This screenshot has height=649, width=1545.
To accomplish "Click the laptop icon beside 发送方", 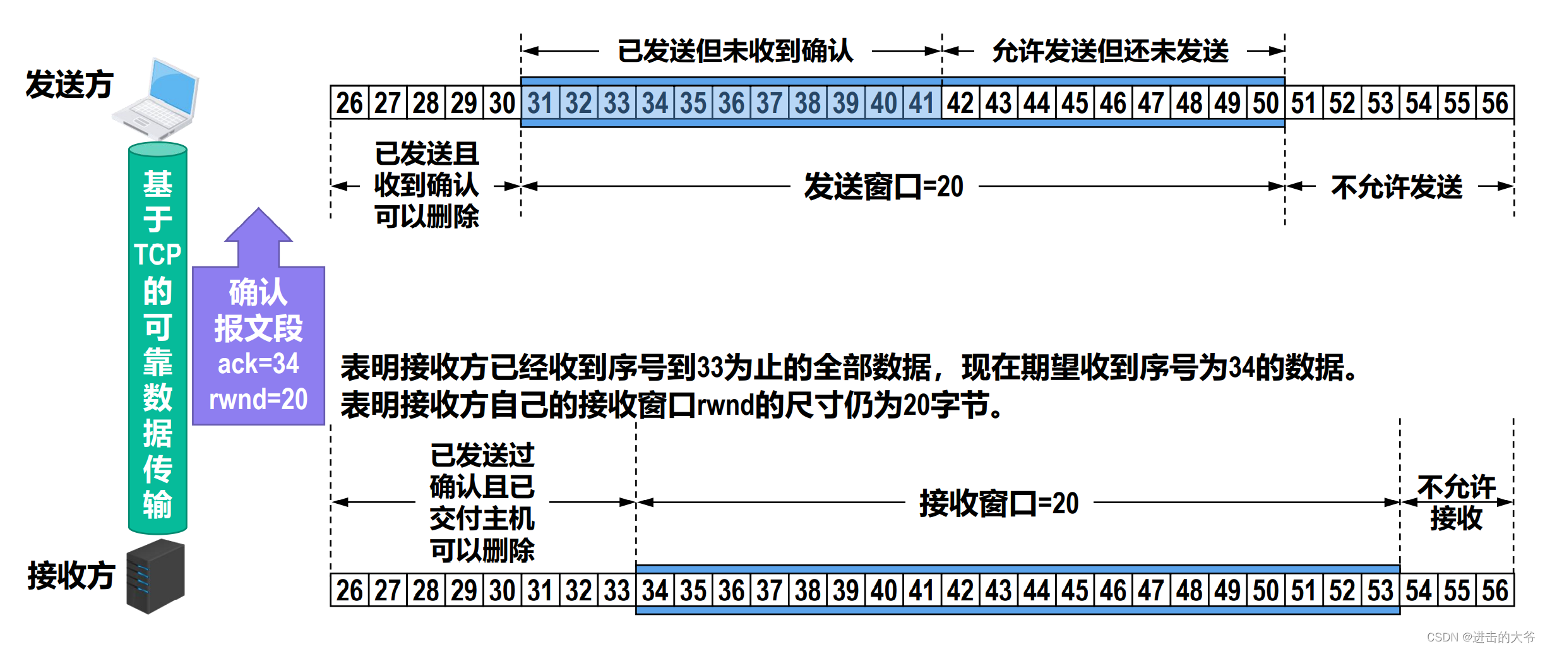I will pos(158,98).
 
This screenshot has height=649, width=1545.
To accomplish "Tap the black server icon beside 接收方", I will pos(155,576).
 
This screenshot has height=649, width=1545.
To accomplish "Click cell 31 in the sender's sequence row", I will pos(540,103).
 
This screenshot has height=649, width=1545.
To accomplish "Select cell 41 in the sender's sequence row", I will pos(922,103).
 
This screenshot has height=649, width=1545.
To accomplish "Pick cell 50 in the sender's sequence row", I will pos(1266,103).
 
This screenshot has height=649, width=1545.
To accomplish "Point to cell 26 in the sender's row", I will pos(349,103).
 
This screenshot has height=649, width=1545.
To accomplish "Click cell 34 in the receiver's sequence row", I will pos(655,591).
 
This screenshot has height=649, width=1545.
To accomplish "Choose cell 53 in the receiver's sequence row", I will pos(1380,591).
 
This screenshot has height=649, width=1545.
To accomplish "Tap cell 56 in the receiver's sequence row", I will pos(1495,591).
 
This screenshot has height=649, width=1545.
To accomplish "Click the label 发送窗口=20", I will pos(883,187).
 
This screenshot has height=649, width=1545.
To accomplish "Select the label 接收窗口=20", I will pos(999,504).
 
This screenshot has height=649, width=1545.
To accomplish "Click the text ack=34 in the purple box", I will pos(258,364).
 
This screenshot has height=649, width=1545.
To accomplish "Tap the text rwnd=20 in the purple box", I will pos(258,400).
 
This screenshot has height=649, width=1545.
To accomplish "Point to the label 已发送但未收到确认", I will pos(735,51).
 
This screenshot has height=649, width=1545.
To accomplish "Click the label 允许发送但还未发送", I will pos(1110,51).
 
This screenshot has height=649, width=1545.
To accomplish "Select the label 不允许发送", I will pos(1397,187).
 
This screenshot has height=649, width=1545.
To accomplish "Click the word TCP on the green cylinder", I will pos(157,254).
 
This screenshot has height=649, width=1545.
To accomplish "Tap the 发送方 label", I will pos(69,85).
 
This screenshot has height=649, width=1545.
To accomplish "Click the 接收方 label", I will pos(71,576).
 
